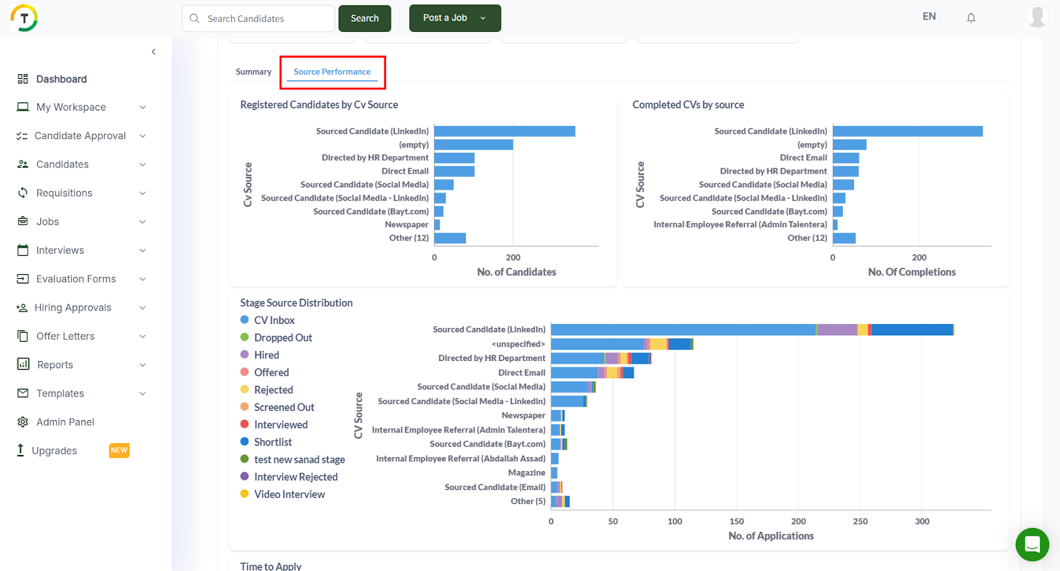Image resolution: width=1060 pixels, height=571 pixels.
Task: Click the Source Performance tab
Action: pos(332,72)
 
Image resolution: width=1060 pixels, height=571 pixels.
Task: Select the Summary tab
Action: pos(254,72)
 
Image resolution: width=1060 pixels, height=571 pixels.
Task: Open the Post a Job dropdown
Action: pos(454,18)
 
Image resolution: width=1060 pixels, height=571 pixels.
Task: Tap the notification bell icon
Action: pos(971,18)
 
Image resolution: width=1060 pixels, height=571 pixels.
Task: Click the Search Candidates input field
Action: pos(265,19)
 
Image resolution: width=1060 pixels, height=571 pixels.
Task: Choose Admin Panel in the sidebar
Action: pos(65,422)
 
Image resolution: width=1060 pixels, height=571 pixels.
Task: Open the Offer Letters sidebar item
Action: pos(65,336)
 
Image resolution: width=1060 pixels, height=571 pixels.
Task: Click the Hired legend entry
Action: pos(266,355)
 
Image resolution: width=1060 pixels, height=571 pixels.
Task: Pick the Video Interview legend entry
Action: pos(290,494)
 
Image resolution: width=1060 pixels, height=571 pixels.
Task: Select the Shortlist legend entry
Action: pos(272,442)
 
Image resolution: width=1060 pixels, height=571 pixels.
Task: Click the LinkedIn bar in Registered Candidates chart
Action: pos(504,131)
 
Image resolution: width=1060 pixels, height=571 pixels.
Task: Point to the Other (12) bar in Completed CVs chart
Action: pos(844,238)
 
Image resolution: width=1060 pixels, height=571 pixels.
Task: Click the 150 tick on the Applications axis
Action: pos(737,521)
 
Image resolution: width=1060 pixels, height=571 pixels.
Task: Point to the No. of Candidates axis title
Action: pos(516,272)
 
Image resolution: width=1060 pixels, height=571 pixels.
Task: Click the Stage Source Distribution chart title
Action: pos(296,303)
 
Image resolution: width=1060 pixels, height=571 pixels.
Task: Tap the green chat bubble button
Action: pos(1032,545)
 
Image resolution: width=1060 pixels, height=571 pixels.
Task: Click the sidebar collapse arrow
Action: pos(154,52)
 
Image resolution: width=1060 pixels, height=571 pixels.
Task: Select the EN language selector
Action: pos(929,17)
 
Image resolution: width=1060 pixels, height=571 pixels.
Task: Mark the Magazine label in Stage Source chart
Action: pos(527,472)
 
